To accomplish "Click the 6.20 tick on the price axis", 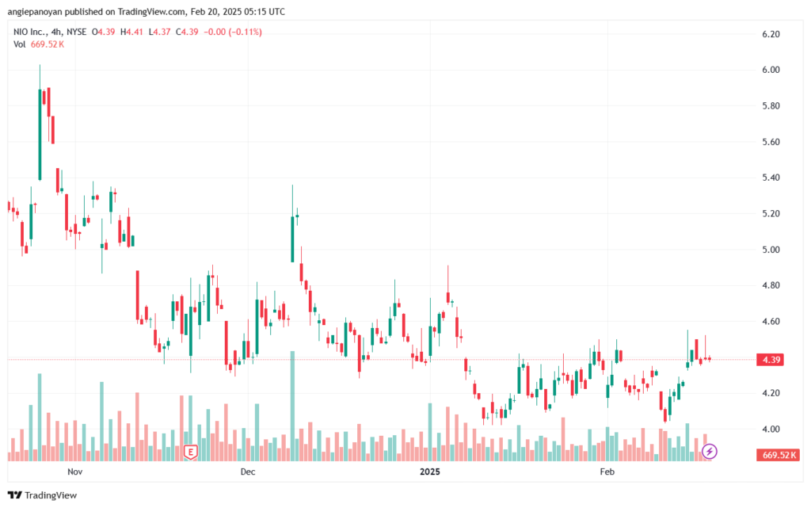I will pyautogui.click(x=771, y=34).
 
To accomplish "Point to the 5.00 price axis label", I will pyautogui.click(x=771, y=250).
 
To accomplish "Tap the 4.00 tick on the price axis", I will pyautogui.click(x=771, y=429).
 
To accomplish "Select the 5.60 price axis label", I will pyautogui.click(x=771, y=142).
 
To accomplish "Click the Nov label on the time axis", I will pyautogui.click(x=75, y=472).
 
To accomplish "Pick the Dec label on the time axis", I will pyautogui.click(x=247, y=472).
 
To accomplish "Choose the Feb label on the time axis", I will pyautogui.click(x=607, y=472).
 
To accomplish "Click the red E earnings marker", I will pyautogui.click(x=190, y=452).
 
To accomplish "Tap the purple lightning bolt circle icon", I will pyautogui.click(x=710, y=452).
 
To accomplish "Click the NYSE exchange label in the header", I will pyautogui.click(x=78, y=32).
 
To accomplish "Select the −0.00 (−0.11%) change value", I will pyautogui.click(x=233, y=32).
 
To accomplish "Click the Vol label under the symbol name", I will pyautogui.click(x=20, y=44).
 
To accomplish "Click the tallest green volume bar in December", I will pyautogui.click(x=293, y=404).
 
